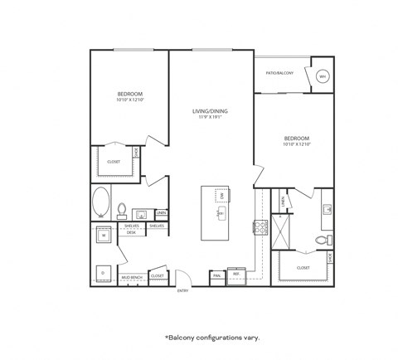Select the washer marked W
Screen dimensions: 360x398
[104, 236]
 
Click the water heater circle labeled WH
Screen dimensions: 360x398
[322, 77]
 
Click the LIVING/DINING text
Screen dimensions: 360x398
[211, 110]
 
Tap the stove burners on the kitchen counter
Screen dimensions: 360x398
[258, 226]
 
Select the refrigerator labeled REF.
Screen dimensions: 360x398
[235, 275]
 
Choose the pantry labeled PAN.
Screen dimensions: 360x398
[216, 275]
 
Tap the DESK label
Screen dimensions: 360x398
[132, 233]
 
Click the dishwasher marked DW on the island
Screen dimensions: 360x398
[221, 196]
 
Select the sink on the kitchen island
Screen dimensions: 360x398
[220, 213]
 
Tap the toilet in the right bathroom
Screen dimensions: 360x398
[322, 241]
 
